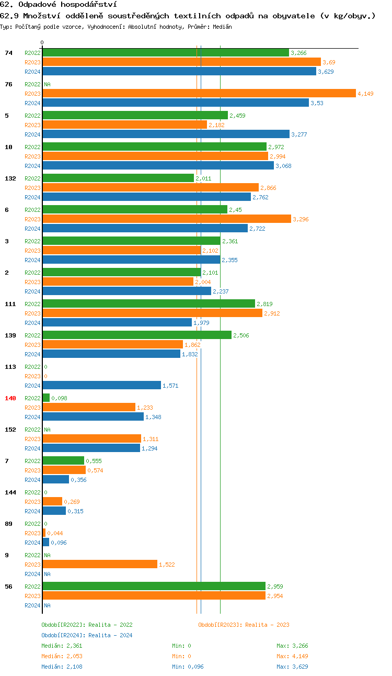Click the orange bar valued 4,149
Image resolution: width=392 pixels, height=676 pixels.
[199, 94]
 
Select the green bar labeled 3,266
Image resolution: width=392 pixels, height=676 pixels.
[165, 53]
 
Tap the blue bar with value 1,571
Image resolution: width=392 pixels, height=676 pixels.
[101, 386]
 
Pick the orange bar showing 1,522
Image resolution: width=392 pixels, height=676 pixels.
[99, 565]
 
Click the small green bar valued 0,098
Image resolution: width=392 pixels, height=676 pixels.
[46, 398]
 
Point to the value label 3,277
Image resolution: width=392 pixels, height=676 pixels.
[299, 134]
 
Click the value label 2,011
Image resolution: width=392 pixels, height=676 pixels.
[203, 178]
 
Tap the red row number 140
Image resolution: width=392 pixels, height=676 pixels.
[10, 398]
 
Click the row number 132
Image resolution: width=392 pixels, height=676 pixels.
[10, 178]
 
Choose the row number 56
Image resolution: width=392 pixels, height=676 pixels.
[8, 587]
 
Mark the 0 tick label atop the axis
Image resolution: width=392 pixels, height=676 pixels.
[42, 42]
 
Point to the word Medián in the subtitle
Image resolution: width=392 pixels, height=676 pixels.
[222, 26]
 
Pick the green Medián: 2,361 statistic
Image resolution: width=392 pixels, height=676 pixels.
[62, 646]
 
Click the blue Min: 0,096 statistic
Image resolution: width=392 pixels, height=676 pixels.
[188, 667]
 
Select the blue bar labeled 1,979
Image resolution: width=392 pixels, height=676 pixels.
[117, 323]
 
